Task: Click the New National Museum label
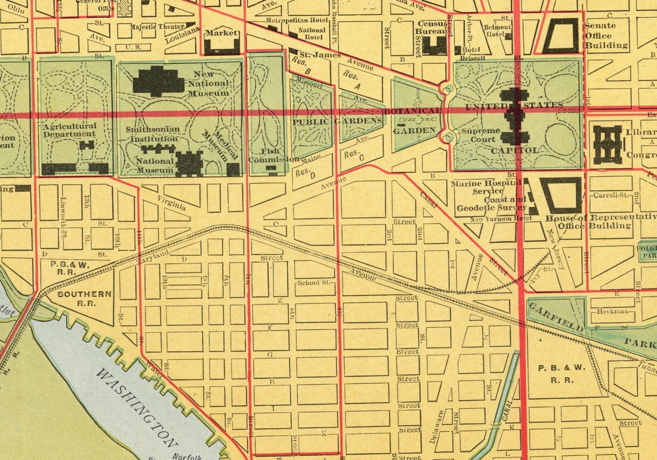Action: (208, 83)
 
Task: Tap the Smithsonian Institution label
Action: (153, 134)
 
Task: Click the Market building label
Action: (221, 33)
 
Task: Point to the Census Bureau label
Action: (432, 27)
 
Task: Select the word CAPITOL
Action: (515, 151)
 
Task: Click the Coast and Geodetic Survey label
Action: (492, 204)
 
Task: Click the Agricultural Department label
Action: (70, 129)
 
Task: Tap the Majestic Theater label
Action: (157, 27)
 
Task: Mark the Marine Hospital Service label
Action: (486, 187)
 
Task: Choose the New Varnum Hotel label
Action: (501, 219)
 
